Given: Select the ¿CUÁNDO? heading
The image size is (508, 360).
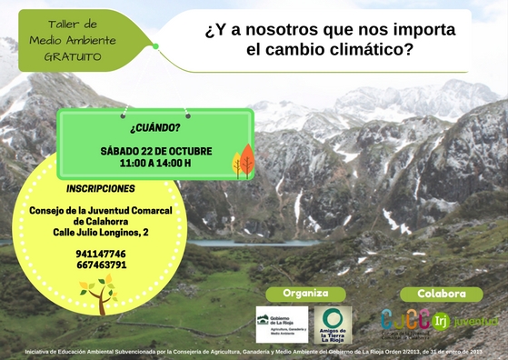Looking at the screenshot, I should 155,129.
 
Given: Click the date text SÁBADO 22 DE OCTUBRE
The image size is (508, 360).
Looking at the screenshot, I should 155,150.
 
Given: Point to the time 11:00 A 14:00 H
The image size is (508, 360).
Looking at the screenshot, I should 155,164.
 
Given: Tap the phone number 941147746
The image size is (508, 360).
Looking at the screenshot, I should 102,254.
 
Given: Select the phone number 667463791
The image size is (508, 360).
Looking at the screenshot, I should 102,265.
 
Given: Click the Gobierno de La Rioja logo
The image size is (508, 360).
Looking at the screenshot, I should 282,324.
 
